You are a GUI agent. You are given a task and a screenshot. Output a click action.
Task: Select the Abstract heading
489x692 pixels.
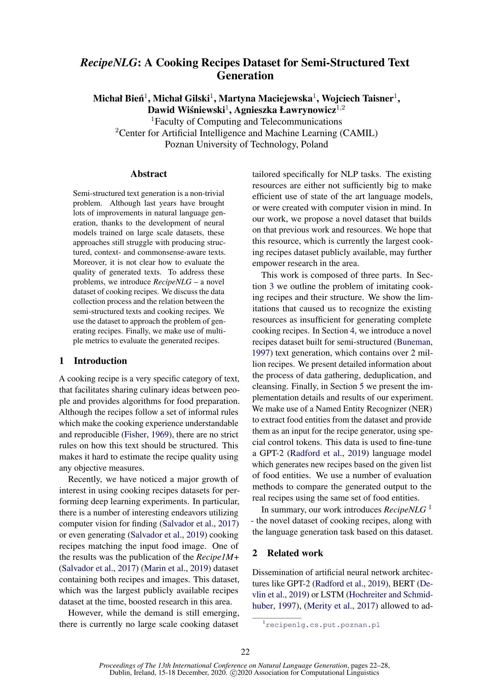pyautogui.click(x=148, y=174)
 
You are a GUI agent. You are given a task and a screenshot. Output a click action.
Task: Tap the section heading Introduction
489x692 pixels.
pyautogui.click(x=100, y=361)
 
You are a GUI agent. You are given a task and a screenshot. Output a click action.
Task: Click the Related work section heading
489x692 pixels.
pyautogui.click(x=295, y=553)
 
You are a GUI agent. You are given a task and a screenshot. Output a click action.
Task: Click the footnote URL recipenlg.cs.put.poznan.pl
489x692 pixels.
pyautogui.click(x=323, y=625)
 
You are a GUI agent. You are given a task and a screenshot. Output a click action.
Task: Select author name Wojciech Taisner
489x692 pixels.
pyautogui.click(x=357, y=99)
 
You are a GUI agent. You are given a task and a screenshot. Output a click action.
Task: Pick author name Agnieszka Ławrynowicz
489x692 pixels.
pyautogui.click(x=285, y=110)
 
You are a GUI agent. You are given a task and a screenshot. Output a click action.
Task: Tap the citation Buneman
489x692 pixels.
pyautogui.click(x=414, y=342)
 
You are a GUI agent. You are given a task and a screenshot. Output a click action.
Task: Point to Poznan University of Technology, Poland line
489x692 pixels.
pyautogui.click(x=246, y=144)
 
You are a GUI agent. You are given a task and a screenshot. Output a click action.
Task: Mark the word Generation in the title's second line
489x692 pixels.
pyautogui.click(x=245, y=76)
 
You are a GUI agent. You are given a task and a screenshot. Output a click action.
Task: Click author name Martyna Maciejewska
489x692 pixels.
pyautogui.click(x=265, y=99)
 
